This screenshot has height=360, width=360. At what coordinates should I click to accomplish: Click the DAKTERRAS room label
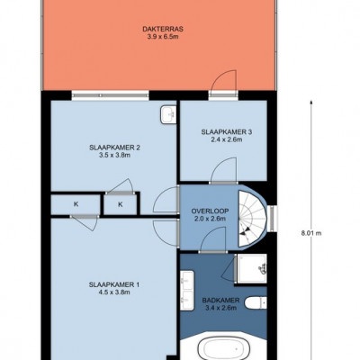163,30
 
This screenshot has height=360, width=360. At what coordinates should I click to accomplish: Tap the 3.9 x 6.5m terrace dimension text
163,37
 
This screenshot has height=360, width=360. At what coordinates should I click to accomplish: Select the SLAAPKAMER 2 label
115,148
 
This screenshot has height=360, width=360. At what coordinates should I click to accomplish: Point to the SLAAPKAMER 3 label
227,131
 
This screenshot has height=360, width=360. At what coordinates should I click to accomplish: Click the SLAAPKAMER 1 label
114,284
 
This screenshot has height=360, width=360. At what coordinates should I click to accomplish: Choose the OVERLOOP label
210,211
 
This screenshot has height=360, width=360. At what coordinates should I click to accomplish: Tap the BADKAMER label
220,300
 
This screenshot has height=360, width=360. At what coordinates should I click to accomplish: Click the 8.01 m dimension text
311,233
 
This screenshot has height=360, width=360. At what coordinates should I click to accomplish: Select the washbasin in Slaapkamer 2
168,114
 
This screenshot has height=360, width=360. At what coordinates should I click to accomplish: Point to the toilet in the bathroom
256,302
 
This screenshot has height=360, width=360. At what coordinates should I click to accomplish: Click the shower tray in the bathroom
251,268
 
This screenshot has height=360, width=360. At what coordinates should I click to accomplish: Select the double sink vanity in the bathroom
187,291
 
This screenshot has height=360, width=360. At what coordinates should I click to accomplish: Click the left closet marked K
76,204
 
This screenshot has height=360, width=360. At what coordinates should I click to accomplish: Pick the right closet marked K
121,204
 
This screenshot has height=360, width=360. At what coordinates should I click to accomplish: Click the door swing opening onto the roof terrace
223,83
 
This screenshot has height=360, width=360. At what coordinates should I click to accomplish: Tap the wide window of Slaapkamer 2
110,95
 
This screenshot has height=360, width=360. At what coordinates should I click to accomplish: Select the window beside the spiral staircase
272,218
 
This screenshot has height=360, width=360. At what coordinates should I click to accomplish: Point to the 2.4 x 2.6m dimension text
227,139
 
